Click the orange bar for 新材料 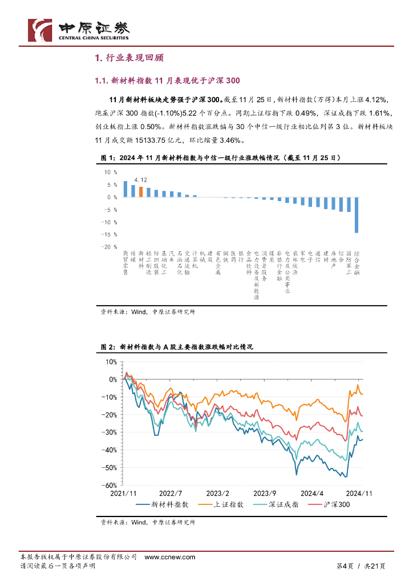click(x=141, y=192)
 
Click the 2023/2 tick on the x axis click(x=217, y=492)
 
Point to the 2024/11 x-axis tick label click(x=360, y=492)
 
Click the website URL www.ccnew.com click(x=169, y=556)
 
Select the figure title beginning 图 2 click(x=176, y=347)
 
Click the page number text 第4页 click(x=342, y=566)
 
